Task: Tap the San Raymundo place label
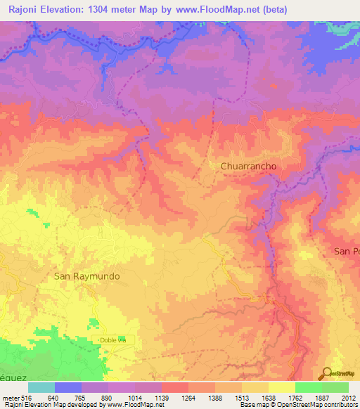coord(87,276)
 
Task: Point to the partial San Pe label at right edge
coord(346,251)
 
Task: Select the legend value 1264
coord(188,397)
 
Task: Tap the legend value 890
coord(108,397)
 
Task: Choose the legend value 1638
coord(269,397)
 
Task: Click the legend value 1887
coord(322,397)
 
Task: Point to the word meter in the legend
coord(10,397)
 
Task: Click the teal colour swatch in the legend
coord(41,387)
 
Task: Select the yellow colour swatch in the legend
coord(282,387)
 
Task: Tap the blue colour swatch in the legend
coord(68,387)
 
